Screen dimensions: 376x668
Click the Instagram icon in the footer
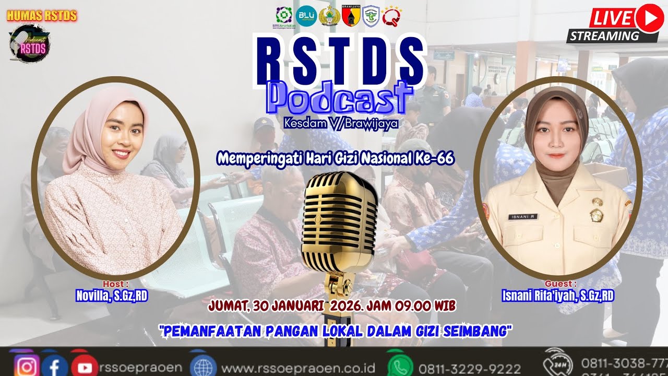[27, 366]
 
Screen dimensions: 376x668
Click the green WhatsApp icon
[400, 366]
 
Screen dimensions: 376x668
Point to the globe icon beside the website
[204, 366]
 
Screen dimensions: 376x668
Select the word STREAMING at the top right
[605, 36]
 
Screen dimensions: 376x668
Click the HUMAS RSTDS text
[42, 16]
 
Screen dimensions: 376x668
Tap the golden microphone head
[340, 214]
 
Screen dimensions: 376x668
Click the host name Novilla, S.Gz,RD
[112, 296]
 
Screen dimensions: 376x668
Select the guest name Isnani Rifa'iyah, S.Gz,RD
[558, 296]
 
